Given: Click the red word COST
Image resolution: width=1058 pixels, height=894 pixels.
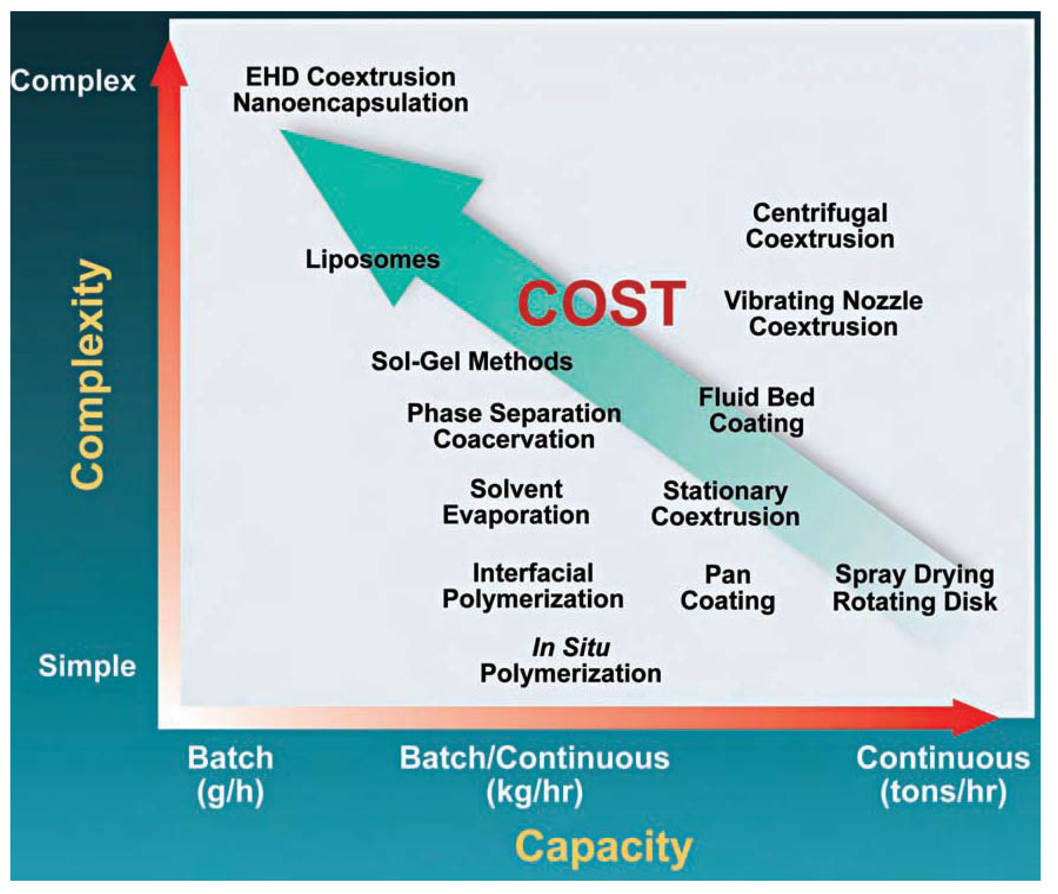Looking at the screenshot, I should pos(601,304).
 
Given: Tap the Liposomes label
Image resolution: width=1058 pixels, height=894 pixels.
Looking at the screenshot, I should pos(372,259).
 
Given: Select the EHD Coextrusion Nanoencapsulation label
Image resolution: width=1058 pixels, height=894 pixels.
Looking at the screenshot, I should pos(351,90).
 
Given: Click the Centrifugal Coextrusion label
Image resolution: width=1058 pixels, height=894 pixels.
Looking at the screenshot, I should pos(819,226).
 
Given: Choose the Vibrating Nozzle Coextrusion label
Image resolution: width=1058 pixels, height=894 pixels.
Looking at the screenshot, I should pos(823,314).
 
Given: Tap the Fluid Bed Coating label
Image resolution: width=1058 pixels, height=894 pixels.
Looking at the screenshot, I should pos(756,410).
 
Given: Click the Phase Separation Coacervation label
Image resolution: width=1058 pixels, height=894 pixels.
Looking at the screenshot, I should pos(513,426).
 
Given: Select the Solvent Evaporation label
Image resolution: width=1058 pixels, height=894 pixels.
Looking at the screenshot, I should pos(516,502).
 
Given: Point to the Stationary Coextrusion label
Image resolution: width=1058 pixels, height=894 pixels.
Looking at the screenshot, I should pos(725,504).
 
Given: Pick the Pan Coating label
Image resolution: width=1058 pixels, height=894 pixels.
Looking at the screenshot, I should pos(727,588).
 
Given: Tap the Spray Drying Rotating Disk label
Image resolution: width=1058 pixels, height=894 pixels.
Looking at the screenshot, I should pos(914,588).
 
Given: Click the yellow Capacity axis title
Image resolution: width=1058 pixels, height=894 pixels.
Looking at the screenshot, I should pos(603,847).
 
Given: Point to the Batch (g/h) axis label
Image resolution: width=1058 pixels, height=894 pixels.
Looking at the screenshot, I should pos(230,774).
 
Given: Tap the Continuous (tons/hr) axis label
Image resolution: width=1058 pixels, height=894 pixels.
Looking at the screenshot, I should pos(943,774).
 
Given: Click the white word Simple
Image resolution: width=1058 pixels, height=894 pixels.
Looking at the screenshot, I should pos(87,665).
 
